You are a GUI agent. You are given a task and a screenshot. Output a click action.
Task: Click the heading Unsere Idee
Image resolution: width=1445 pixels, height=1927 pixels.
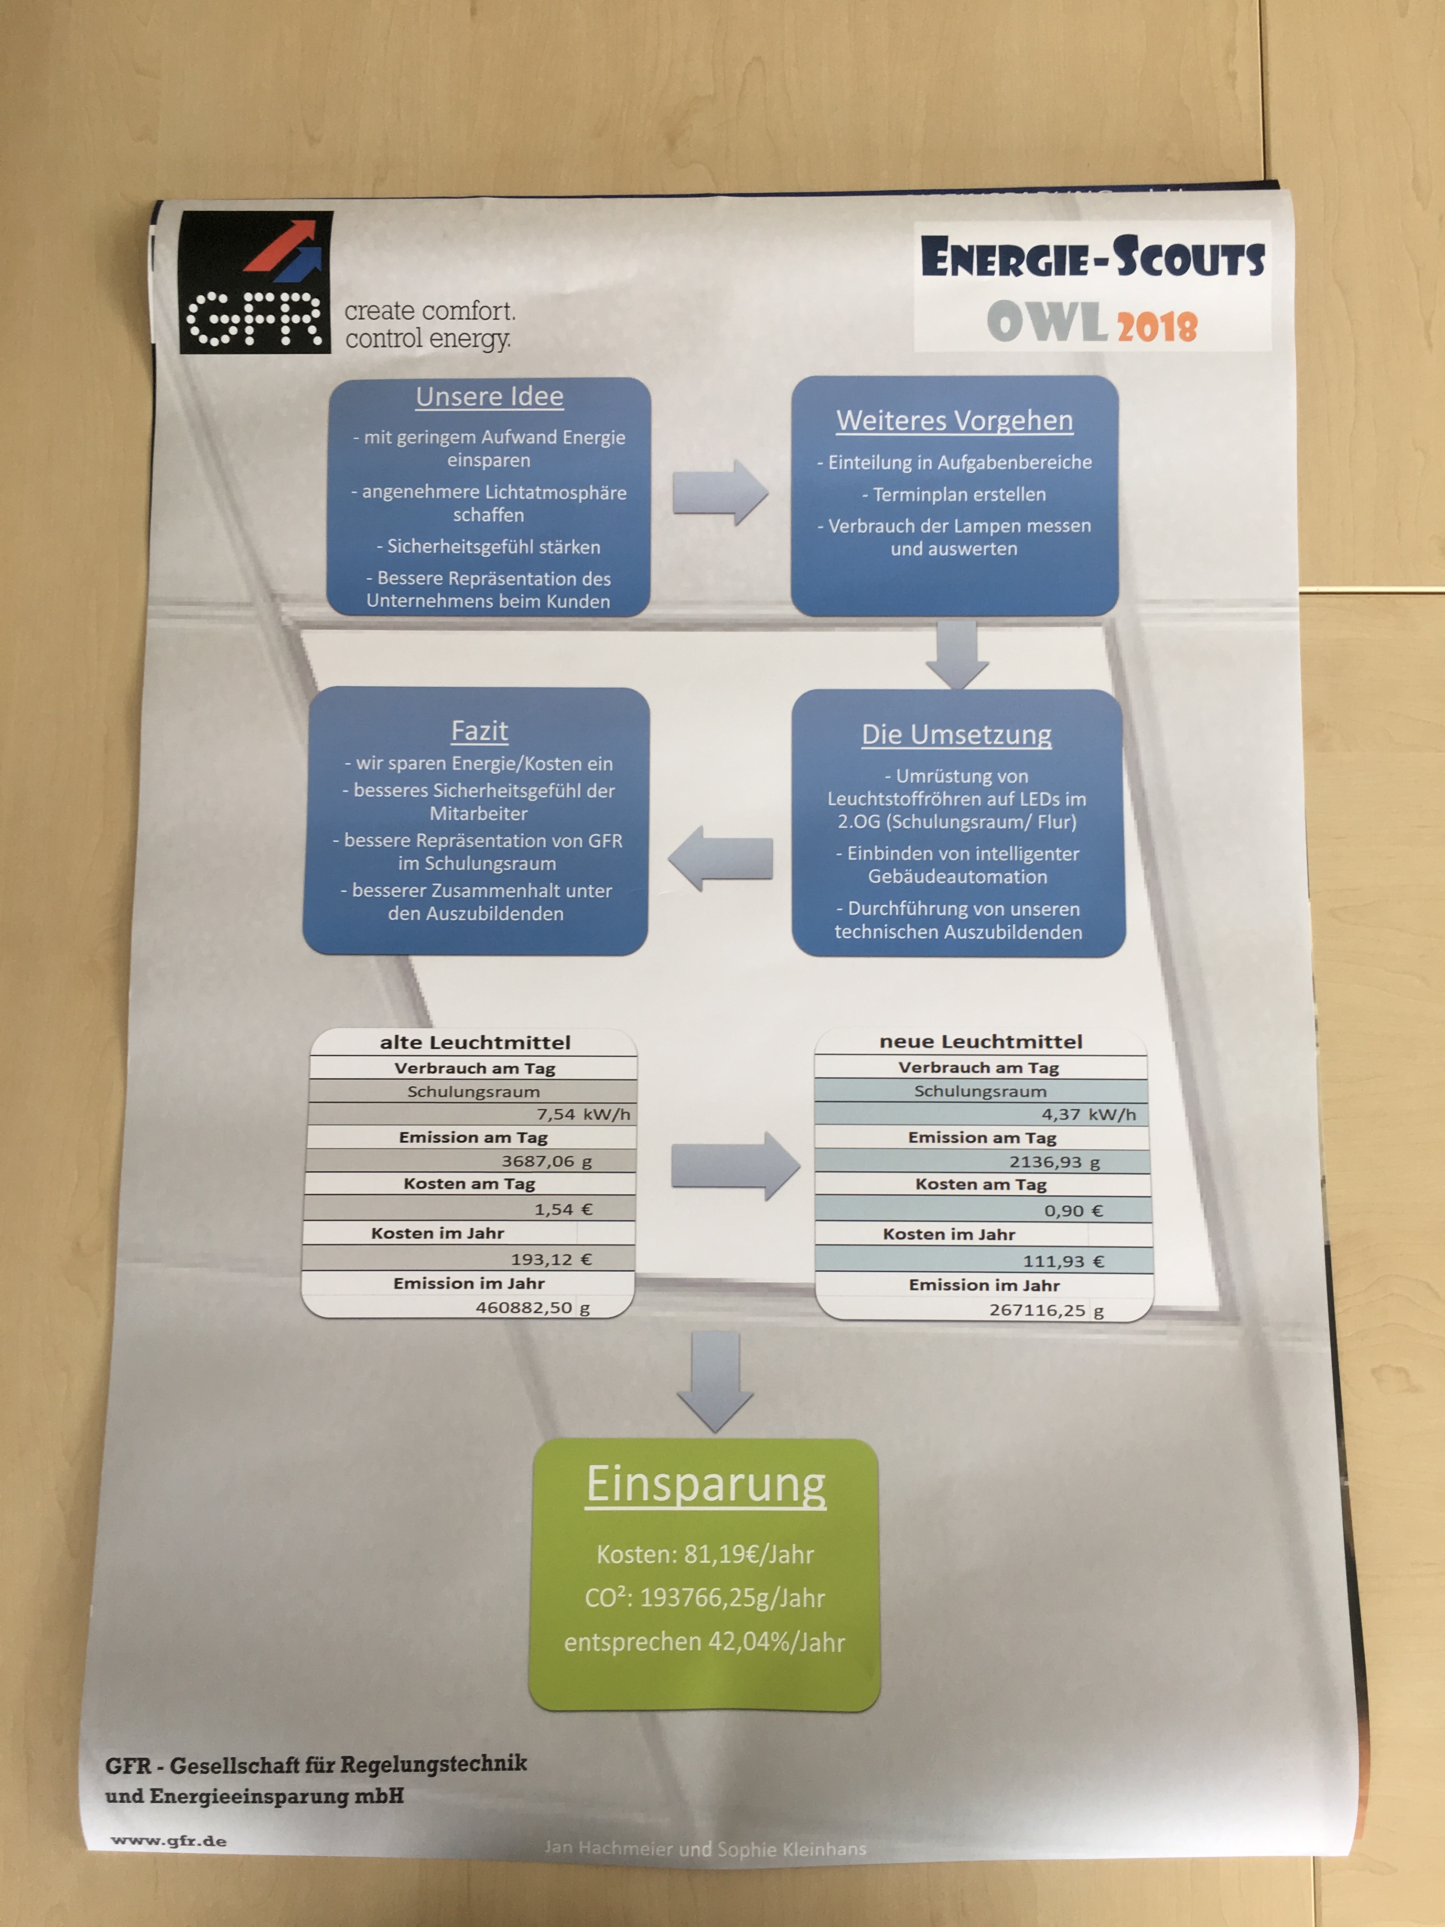(489, 397)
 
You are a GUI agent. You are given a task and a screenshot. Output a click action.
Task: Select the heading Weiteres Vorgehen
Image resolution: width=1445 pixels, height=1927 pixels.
(955, 421)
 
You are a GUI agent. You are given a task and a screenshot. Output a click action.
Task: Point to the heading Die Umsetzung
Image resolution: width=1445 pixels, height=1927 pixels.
(956, 735)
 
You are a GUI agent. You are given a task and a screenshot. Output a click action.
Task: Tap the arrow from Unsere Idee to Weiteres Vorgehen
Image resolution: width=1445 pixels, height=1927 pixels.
(720, 493)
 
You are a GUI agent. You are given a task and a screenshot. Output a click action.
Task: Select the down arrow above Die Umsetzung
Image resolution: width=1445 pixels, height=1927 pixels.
(956, 653)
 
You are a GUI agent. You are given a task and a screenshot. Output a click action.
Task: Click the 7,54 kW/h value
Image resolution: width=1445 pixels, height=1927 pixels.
(582, 1114)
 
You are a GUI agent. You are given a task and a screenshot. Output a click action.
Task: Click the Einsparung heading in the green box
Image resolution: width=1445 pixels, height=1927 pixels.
(705, 1484)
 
